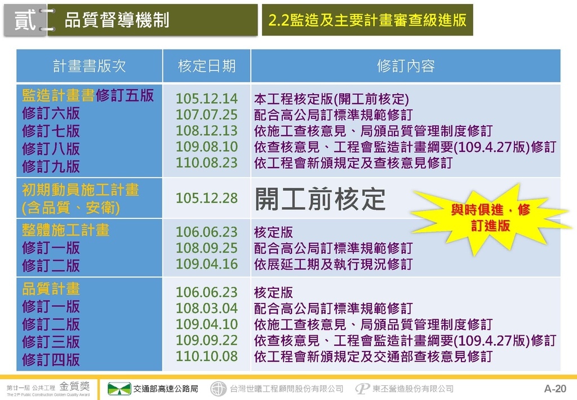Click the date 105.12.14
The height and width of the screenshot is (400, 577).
tap(206, 99)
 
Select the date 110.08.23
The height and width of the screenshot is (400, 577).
tap(206, 162)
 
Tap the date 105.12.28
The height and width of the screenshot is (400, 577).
tap(206, 198)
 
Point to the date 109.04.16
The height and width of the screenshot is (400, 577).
tap(206, 263)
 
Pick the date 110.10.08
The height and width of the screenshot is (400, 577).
tap(206, 356)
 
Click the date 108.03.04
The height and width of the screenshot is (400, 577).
tap(206, 308)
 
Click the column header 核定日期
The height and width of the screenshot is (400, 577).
tap(206, 67)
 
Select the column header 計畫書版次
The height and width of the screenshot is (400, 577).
tap(90, 67)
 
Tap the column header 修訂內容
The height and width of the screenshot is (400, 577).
tap(406, 67)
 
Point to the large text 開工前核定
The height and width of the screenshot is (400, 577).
tap(320, 199)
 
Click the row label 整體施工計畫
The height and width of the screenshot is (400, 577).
tap(65, 230)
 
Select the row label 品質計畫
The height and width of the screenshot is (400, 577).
tap(51, 289)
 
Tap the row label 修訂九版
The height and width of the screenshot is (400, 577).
tap(51, 166)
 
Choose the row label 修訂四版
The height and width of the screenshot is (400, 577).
tap(51, 359)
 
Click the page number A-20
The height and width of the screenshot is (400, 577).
tap(555, 389)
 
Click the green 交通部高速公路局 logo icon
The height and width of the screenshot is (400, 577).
tap(119, 389)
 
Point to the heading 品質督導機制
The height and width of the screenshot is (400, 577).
tap(117, 20)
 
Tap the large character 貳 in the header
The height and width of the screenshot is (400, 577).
tap(25, 20)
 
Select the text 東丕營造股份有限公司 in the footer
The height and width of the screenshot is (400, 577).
tap(413, 389)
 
